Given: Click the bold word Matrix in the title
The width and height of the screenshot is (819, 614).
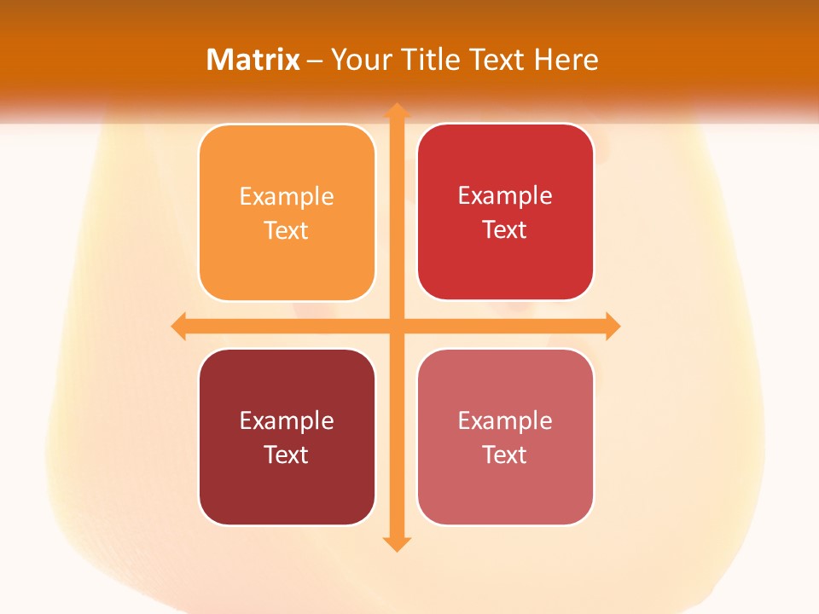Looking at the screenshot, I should (253, 60).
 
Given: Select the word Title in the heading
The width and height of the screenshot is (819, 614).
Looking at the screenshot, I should (429, 60).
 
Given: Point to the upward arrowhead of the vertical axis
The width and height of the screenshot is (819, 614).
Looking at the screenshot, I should (397, 111).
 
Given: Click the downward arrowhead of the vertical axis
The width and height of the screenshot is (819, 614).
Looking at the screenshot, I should (397, 543).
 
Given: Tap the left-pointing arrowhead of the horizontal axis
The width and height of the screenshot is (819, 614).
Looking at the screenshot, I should (179, 326).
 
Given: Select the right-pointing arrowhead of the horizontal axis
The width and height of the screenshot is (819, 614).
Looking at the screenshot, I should (612, 326).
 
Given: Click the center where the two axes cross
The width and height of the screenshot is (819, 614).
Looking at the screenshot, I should (397, 326).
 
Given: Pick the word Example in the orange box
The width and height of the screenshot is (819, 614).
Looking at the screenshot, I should (287, 197).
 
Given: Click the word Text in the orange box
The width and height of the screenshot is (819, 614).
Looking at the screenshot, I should (287, 230).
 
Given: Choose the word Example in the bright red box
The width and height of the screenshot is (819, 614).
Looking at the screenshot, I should (505, 196).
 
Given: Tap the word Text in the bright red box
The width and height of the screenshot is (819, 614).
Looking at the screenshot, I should (505, 229).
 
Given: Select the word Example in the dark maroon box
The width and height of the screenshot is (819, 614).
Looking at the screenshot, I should (287, 420).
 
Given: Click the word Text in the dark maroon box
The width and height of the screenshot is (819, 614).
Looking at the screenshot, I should (287, 455).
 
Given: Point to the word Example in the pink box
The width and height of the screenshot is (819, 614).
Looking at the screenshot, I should (505, 420).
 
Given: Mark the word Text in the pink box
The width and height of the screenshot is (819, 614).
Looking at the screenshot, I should (505, 455).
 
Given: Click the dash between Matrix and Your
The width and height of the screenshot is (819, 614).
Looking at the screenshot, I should (315, 61).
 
